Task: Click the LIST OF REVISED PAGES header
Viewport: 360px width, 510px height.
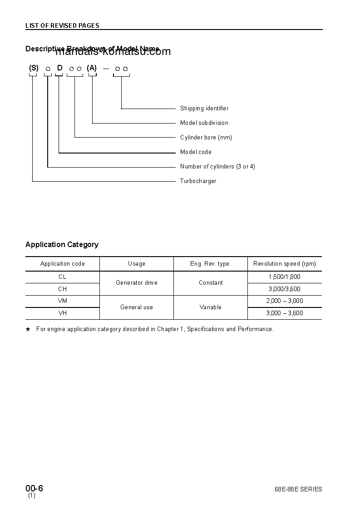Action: click(x=62, y=25)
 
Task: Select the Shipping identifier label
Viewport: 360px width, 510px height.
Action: click(x=204, y=109)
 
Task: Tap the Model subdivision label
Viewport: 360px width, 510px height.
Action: click(x=204, y=123)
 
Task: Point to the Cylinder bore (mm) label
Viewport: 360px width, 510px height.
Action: click(x=206, y=138)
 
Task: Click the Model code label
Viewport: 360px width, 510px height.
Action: click(x=196, y=152)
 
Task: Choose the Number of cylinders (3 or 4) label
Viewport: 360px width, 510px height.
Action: click(x=217, y=167)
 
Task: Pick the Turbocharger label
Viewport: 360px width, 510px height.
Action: click(x=198, y=181)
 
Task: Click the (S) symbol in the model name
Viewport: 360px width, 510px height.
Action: click(x=34, y=68)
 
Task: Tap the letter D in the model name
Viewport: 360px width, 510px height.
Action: click(x=59, y=68)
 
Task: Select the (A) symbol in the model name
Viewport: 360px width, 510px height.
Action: click(x=92, y=68)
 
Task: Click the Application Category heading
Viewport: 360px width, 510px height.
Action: click(x=62, y=245)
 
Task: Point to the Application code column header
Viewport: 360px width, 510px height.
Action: click(x=63, y=264)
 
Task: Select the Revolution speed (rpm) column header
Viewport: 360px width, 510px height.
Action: click(x=285, y=264)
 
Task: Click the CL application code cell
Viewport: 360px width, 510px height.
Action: click(x=63, y=277)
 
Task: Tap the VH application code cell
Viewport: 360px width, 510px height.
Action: click(x=63, y=313)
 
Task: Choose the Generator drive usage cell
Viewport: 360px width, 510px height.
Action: click(x=137, y=283)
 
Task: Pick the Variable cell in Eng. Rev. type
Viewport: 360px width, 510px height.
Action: click(x=211, y=307)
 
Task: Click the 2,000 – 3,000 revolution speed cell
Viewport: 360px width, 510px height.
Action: click(x=285, y=301)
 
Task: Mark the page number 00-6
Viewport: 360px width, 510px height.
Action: click(x=34, y=489)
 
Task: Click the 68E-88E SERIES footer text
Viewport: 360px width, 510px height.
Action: click(x=298, y=490)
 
